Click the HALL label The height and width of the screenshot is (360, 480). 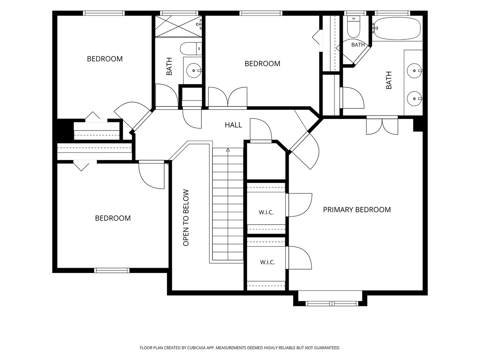(x=233, y=125)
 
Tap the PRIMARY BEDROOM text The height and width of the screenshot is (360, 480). (x=357, y=210)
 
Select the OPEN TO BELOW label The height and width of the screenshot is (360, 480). (x=186, y=217)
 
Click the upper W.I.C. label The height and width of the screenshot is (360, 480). (x=266, y=212)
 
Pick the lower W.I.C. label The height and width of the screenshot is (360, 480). (x=267, y=262)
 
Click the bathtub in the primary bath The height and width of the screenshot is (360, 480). (x=397, y=28)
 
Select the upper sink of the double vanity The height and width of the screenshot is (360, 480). (x=414, y=70)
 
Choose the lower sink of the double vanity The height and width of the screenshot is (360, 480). (x=414, y=99)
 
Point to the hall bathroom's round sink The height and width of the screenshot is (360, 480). (x=193, y=70)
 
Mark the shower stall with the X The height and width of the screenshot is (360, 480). (x=178, y=26)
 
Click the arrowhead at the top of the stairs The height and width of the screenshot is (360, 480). (x=228, y=150)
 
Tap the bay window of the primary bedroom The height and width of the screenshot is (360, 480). (x=331, y=304)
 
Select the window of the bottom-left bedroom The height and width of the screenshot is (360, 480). (x=112, y=270)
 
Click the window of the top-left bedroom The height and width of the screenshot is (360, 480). (x=103, y=13)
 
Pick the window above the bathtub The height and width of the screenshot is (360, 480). (x=393, y=13)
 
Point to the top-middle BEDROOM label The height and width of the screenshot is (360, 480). (x=262, y=64)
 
